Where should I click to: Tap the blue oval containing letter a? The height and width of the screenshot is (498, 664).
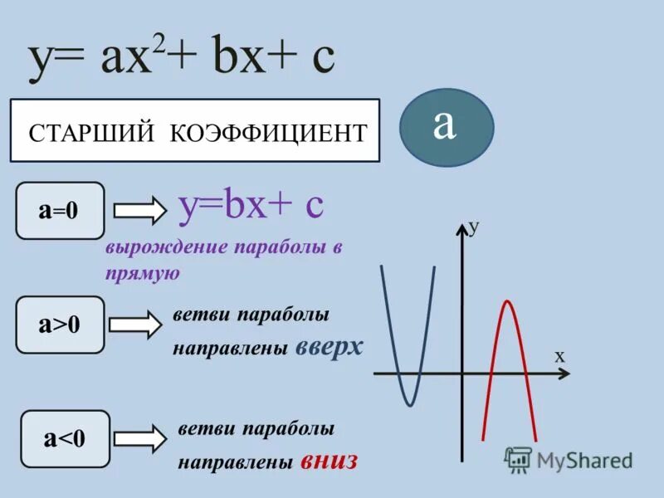tap(446, 127)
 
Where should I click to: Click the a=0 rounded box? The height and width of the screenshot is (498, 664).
tap(60, 211)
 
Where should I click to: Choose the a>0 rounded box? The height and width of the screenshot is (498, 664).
tap(60, 325)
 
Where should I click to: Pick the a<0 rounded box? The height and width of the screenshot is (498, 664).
tap(65, 438)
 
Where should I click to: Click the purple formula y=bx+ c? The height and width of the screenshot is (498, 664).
tap(251, 204)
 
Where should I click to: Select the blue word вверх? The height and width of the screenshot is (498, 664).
tap(330, 346)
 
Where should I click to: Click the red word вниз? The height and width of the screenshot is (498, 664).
tap(329, 460)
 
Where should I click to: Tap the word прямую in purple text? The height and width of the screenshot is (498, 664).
tap(143, 273)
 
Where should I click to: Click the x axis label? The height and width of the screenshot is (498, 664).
tap(559, 355)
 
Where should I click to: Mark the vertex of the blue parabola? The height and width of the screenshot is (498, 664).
tap(409, 404)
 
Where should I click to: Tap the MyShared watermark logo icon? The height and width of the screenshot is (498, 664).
tap(518, 459)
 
